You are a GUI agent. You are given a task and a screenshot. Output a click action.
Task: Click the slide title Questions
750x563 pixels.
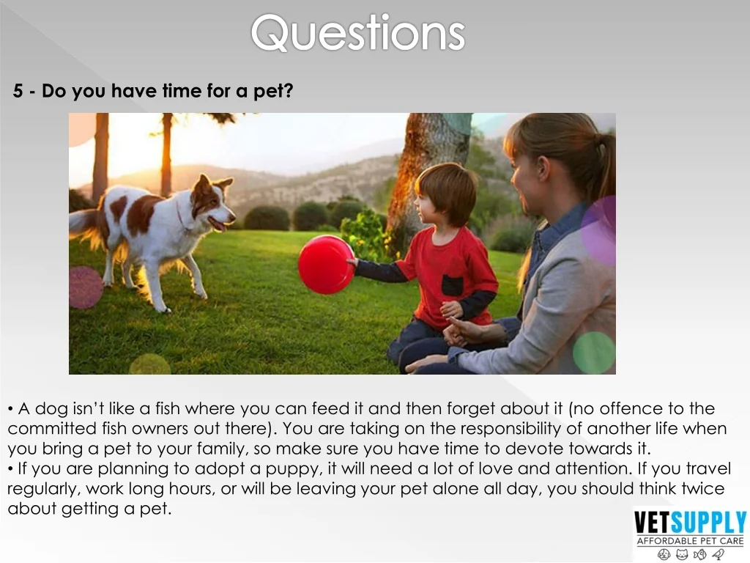(x=357, y=33)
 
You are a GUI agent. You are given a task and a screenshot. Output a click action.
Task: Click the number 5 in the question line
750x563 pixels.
(x=18, y=92)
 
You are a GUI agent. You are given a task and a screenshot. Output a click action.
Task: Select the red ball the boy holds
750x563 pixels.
(x=326, y=265)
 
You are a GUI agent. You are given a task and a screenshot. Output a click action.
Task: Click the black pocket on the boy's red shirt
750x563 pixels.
(x=453, y=284)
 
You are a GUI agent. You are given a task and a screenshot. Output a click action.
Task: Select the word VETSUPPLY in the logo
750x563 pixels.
(x=689, y=523)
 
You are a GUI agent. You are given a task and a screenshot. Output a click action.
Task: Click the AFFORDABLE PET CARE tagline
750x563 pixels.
(x=689, y=541)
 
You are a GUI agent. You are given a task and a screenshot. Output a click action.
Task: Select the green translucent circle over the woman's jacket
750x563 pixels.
(x=593, y=353)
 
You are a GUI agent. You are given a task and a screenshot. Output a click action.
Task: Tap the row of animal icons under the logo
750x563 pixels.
(x=689, y=555)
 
